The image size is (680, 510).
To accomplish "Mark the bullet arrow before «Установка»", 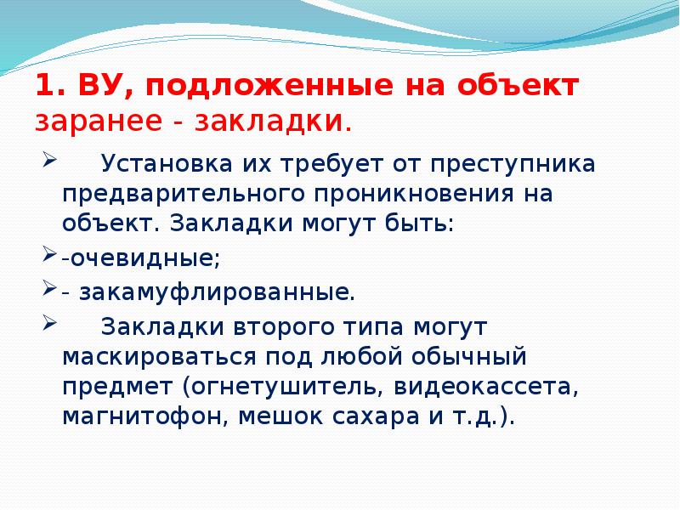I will (49, 158).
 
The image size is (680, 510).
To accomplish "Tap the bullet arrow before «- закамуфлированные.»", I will (49, 291).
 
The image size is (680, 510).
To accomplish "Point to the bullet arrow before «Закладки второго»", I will (49, 322).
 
